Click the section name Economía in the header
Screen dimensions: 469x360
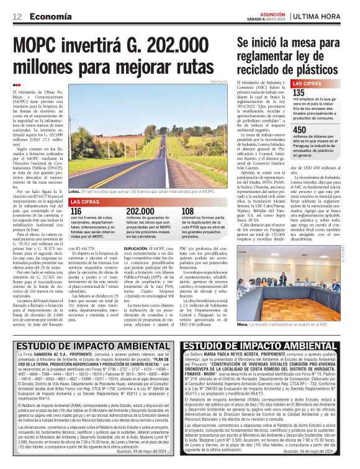point(50,16)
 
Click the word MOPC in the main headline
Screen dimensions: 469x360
point(43,48)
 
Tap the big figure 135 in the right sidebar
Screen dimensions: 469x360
point(299,92)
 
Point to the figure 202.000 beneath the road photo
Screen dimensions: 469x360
point(140,212)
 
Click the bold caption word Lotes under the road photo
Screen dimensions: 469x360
point(75,192)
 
